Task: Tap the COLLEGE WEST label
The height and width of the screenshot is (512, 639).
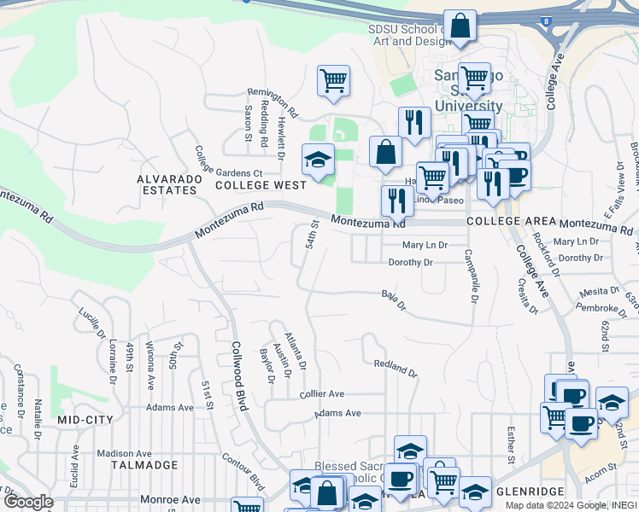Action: pyautogui.click(x=261, y=184)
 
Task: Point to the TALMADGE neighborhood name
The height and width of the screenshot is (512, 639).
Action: pyautogui.click(x=144, y=465)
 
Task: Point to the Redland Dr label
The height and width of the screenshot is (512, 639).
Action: pyautogui.click(x=396, y=369)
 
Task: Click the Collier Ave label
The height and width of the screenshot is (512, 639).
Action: pyautogui.click(x=321, y=394)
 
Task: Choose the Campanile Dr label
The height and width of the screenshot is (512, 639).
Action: pyautogui.click(x=469, y=276)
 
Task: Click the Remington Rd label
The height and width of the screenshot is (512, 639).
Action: pyautogui.click(x=273, y=102)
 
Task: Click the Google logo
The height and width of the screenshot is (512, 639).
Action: pyautogui.click(x=27, y=502)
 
